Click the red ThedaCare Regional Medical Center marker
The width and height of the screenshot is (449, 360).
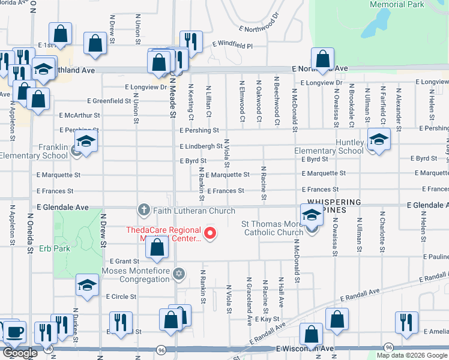(x=210, y=233)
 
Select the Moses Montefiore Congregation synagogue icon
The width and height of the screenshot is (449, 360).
(x=178, y=274)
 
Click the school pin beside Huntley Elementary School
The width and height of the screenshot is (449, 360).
(x=378, y=140)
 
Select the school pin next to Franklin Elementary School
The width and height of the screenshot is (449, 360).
(x=85, y=142)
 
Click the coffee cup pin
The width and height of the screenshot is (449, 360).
(x=14, y=331)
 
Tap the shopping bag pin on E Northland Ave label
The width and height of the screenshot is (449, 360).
(x=322, y=59)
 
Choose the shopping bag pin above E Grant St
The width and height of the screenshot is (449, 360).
(x=157, y=247)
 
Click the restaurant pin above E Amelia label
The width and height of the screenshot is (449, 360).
(x=406, y=322)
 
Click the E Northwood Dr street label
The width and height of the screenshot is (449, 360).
(x=259, y=20)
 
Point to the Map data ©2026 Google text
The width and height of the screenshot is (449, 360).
(x=411, y=355)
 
